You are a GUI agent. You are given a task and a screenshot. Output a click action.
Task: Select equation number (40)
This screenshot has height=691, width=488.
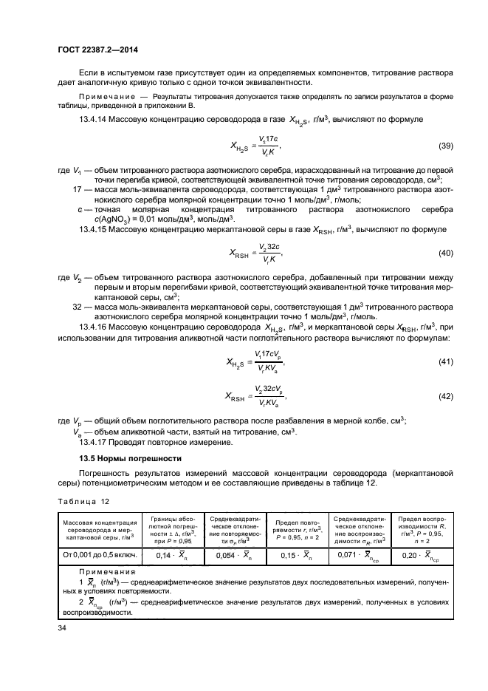[x=445, y=253]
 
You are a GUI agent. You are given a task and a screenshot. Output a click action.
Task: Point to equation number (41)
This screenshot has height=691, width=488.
[x=445, y=361]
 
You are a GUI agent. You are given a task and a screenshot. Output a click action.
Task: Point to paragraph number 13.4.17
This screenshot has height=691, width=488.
[x=93, y=443]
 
